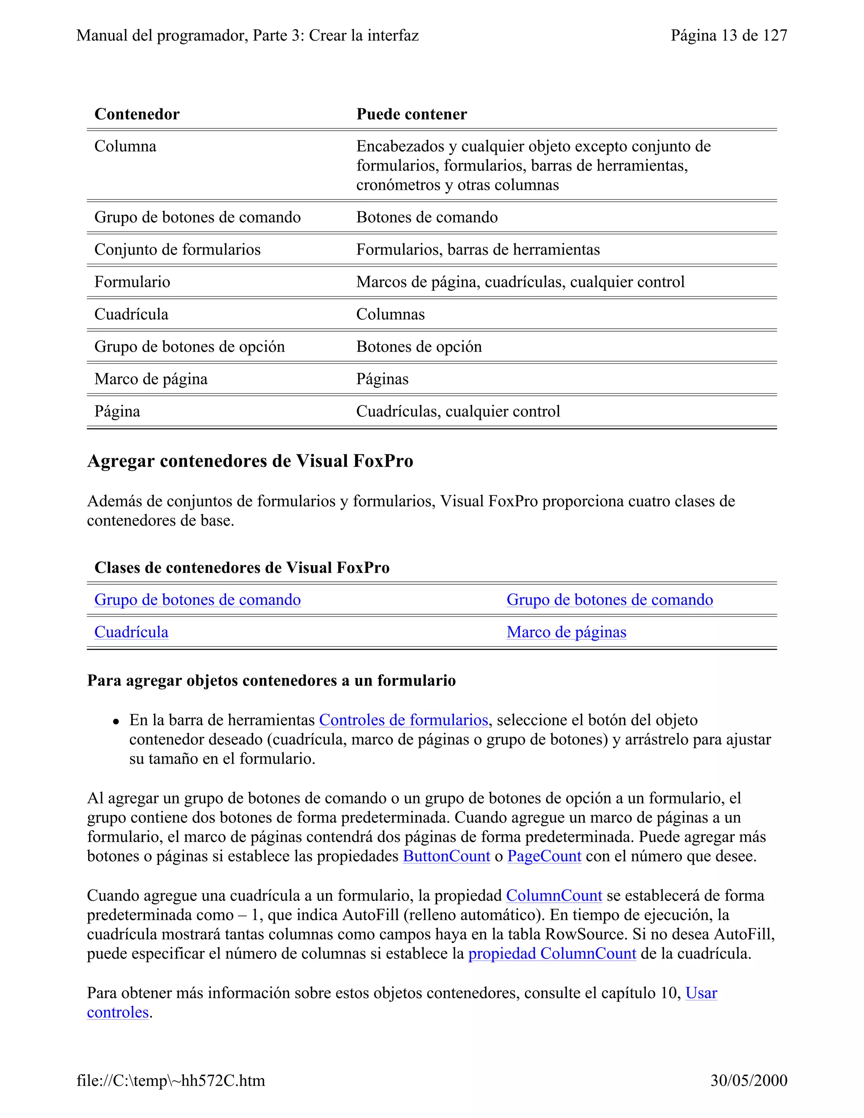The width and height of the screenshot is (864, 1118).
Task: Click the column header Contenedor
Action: (137, 114)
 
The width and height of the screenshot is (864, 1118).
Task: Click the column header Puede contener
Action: (411, 114)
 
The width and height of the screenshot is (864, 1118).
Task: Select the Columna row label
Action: (125, 146)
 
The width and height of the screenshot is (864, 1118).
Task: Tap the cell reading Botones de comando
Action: (427, 217)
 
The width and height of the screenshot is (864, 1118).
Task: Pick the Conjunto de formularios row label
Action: (177, 249)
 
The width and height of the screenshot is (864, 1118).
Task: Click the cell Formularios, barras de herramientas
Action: (478, 249)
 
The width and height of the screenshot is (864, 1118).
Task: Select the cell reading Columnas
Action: (391, 314)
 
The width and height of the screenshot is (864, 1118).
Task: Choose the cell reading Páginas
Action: (382, 379)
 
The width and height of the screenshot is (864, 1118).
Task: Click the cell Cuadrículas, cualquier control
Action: (458, 412)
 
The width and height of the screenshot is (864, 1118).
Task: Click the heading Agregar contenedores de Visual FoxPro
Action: (250, 461)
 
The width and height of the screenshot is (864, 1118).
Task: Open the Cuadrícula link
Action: (131, 632)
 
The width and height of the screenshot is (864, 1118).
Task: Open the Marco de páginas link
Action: (566, 632)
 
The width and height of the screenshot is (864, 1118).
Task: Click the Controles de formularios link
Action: (403, 720)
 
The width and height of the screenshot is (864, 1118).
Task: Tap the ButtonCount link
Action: (446, 856)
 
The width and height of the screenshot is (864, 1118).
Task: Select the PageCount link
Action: (544, 856)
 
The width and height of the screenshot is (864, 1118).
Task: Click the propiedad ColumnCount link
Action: (552, 954)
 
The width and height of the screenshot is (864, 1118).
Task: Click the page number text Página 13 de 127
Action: (729, 35)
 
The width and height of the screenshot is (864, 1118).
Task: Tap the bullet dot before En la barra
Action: (117, 722)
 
